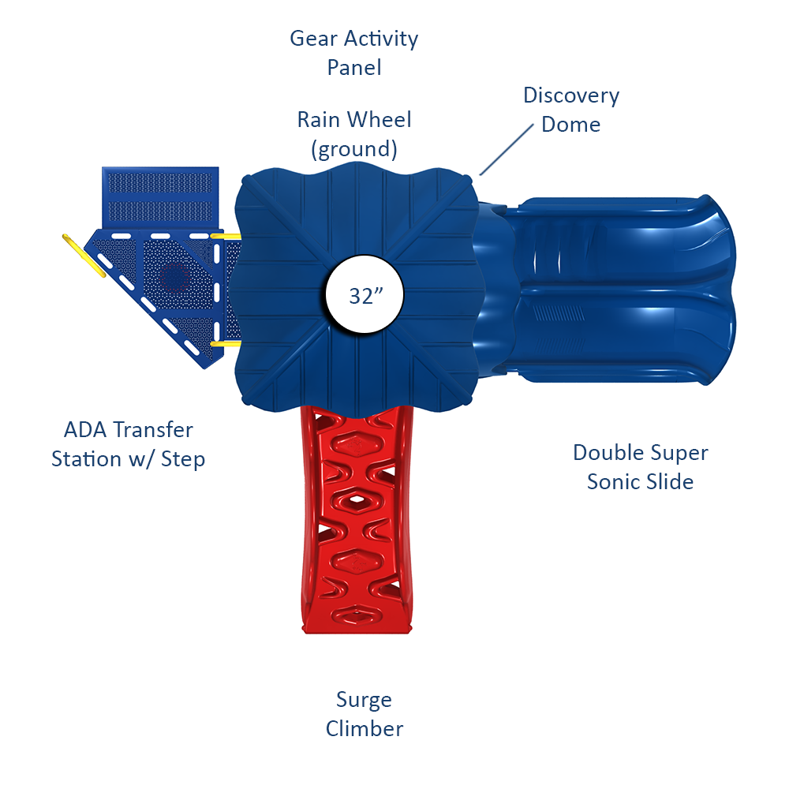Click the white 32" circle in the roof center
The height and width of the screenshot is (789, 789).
coord(365,296)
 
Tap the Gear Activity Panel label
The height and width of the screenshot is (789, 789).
coord(354,53)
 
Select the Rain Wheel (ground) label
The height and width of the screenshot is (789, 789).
coord(354,134)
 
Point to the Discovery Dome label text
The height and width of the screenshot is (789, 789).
coord(571,110)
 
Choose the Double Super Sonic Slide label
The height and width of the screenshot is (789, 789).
coord(641,466)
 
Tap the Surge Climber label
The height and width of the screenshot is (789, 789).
coord(365,714)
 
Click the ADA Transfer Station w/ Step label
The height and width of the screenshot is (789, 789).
coord(129,444)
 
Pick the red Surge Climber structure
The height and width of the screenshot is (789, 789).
coord(357,513)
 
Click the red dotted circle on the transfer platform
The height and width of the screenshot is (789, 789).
coord(174,276)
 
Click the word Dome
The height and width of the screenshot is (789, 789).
coord(571,125)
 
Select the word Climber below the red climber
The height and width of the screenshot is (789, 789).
coord(365,728)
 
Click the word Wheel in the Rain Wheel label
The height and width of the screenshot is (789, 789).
coord(380,120)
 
